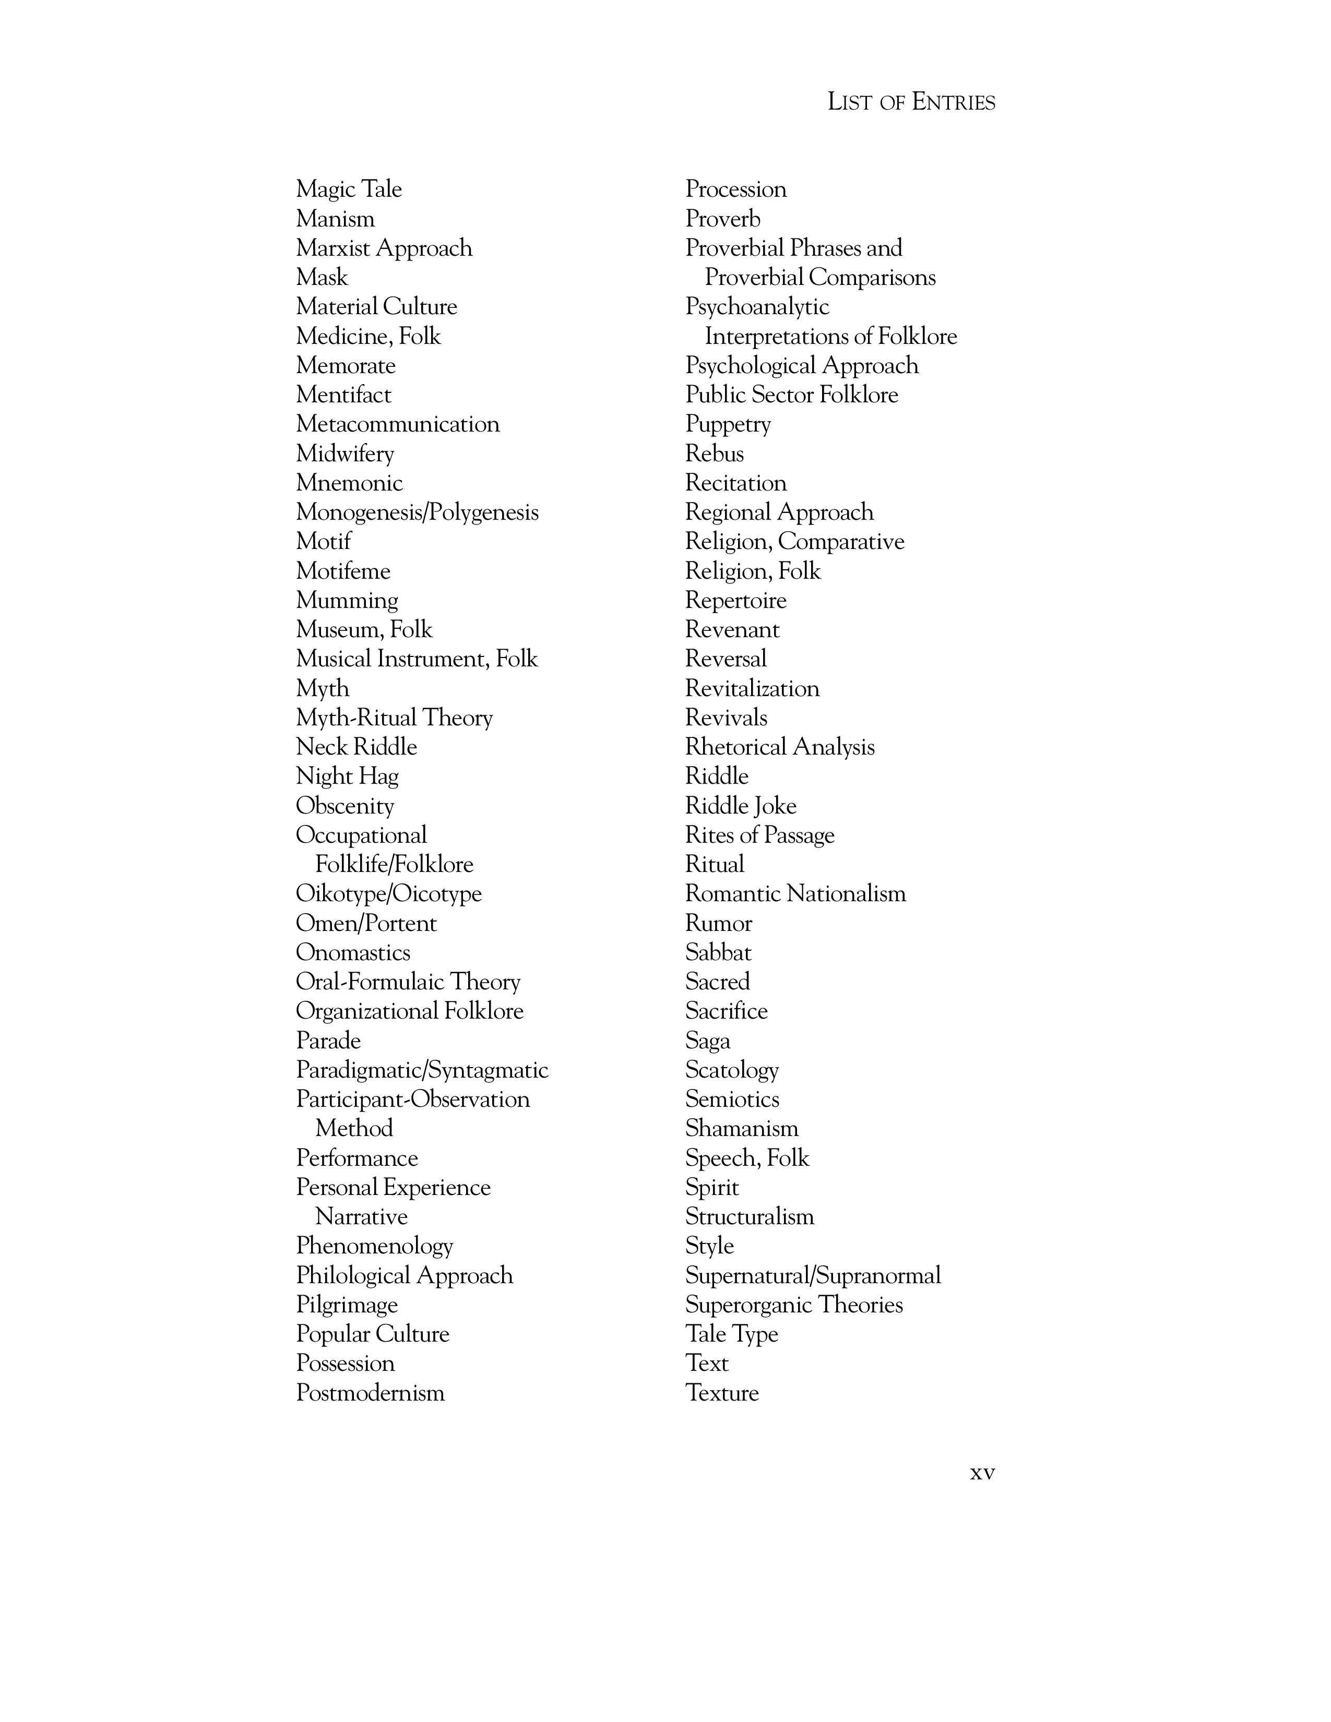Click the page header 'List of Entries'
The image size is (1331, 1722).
click(x=911, y=102)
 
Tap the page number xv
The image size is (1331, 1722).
click(x=982, y=1473)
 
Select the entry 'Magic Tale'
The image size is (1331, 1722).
click(x=349, y=189)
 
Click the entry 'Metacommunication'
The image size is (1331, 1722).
click(x=397, y=424)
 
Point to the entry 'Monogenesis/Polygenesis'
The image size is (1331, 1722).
click(x=417, y=512)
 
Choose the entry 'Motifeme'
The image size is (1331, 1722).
click(x=343, y=571)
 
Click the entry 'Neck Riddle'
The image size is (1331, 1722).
click(x=356, y=747)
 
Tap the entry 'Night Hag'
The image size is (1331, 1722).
click(x=347, y=776)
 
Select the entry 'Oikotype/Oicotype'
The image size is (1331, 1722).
click(x=389, y=894)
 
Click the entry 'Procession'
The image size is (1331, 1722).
click(x=735, y=189)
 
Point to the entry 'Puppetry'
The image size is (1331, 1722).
click(x=728, y=424)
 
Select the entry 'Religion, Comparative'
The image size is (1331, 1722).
click(x=794, y=542)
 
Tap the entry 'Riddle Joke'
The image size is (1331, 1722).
click(x=741, y=806)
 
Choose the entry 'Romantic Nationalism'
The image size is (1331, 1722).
click(x=795, y=894)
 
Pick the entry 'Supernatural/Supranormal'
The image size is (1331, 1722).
click(x=813, y=1276)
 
